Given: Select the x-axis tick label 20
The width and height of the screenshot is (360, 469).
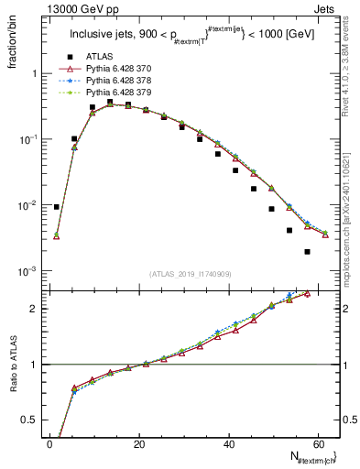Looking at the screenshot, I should [x=139, y=443].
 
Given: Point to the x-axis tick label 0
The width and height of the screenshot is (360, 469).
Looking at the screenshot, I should [x=50, y=443].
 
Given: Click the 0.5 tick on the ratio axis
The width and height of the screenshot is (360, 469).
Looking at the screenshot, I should [x=32, y=420].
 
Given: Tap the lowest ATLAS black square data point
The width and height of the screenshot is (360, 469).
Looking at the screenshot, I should [x=307, y=252].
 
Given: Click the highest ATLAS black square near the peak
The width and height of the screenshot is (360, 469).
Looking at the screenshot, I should [x=110, y=102].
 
